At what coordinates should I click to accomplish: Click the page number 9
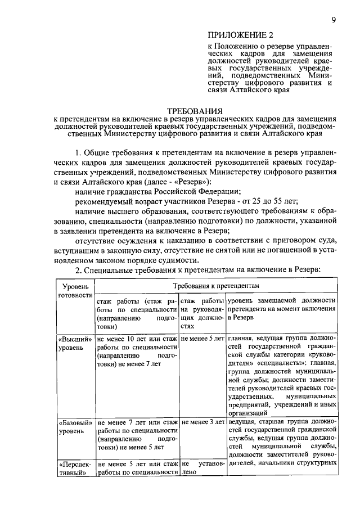click(334, 20)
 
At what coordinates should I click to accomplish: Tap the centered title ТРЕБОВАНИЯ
click(195, 111)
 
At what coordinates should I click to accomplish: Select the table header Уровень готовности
click(75, 290)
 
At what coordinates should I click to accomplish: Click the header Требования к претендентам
click(217, 286)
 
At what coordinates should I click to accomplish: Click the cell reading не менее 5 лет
click(202, 339)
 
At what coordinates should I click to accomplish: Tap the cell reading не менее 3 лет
click(202, 421)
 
